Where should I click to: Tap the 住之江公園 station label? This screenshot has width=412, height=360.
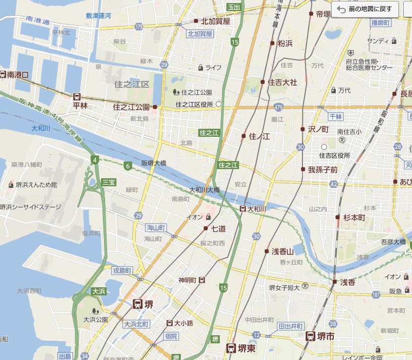(x=131, y=107)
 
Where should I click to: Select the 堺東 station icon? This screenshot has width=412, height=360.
(x=231, y=347)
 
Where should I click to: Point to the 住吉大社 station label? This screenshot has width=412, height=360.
(x=282, y=81)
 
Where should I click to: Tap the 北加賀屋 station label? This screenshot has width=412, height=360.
(x=215, y=21)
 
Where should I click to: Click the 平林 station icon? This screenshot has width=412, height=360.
(x=77, y=96)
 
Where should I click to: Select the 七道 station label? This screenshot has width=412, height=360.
(x=218, y=229)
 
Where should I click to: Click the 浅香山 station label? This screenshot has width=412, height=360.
(x=283, y=251)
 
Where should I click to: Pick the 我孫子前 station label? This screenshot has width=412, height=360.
(x=323, y=170)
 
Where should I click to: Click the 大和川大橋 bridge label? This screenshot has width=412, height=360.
(x=204, y=190)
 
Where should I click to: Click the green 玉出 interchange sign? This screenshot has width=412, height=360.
(x=233, y=7)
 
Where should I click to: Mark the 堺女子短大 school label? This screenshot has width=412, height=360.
(x=284, y=287)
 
